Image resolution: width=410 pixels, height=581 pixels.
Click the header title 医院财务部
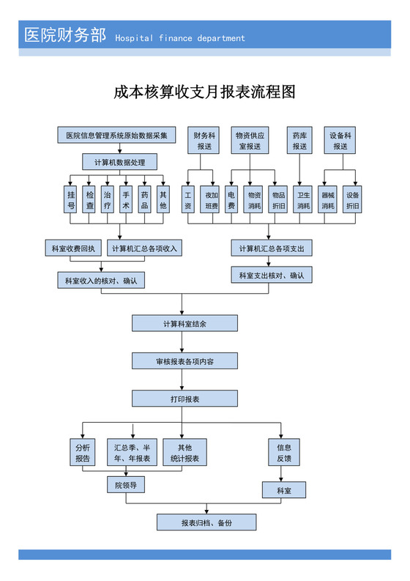pos(65,34)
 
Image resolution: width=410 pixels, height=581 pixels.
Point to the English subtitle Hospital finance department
pos(180,38)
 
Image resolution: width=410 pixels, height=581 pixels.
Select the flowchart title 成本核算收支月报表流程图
pos(204,92)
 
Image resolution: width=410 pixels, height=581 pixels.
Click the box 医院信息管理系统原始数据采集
pos(116,136)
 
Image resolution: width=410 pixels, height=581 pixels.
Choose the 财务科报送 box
pos(204,141)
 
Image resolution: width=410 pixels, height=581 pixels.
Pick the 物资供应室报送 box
pos(250,141)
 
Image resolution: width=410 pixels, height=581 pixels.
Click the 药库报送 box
pos(299,141)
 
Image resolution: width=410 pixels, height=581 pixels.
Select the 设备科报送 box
pos(340,141)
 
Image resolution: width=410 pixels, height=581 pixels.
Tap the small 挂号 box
pos(71,200)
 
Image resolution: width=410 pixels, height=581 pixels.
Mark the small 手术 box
pos(126,200)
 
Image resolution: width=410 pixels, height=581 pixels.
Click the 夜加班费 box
pos(212,200)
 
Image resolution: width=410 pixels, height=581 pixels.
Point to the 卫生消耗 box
pos(303,200)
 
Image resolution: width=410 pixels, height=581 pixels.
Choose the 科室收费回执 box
pos(73,248)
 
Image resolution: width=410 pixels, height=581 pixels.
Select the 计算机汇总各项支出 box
pos(272,249)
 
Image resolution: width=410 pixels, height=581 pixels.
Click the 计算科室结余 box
pos(184,323)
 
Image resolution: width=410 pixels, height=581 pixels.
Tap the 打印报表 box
pos(184,399)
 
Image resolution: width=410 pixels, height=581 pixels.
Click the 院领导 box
pos(126,485)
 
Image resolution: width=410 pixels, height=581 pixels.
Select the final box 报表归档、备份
pos(206,522)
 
